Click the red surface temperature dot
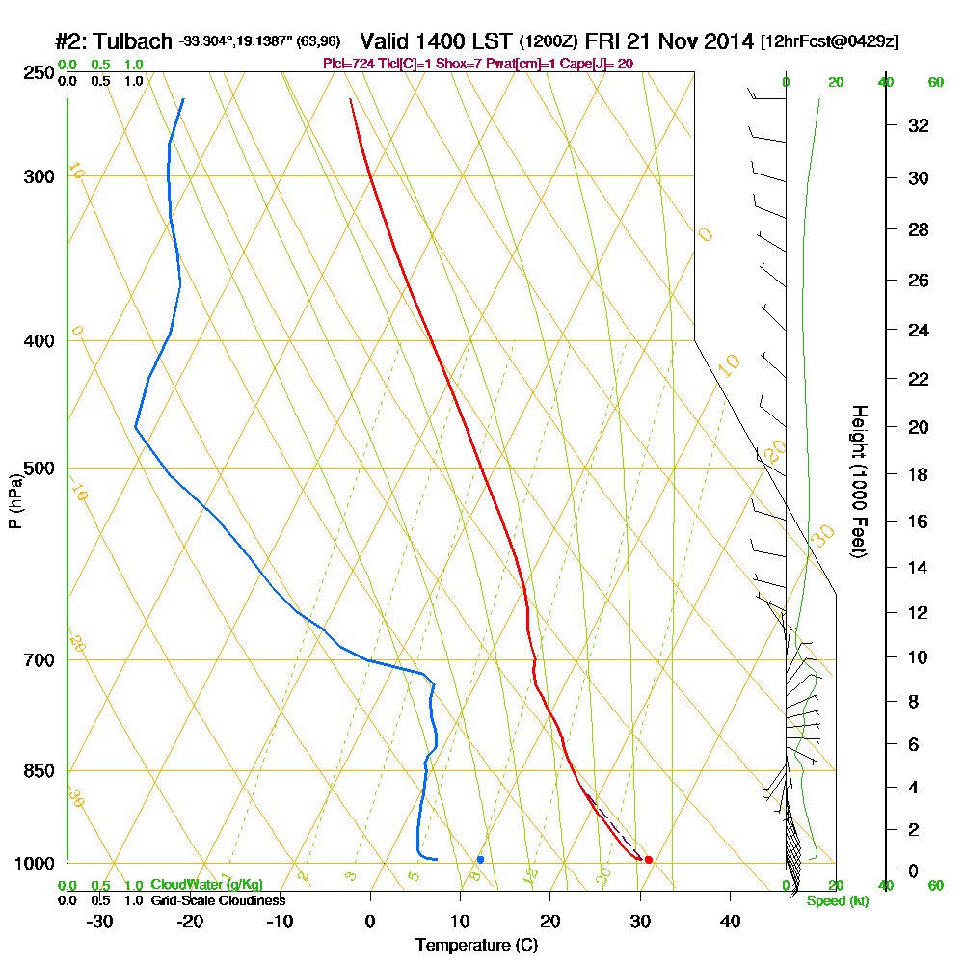pos(648,859)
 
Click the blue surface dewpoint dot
pos(480,859)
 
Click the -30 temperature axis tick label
pos(100,921)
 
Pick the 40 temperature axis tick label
pos(730,921)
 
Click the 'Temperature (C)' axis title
pos(475,945)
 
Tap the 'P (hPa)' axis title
pos(14,500)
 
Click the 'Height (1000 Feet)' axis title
pos(859,481)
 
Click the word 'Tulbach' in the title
pos(136,41)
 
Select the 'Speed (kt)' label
pos(837,900)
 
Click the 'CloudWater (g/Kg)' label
pos(206,884)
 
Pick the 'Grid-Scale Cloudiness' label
pos(218,900)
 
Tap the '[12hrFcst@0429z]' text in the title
pos(830,42)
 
